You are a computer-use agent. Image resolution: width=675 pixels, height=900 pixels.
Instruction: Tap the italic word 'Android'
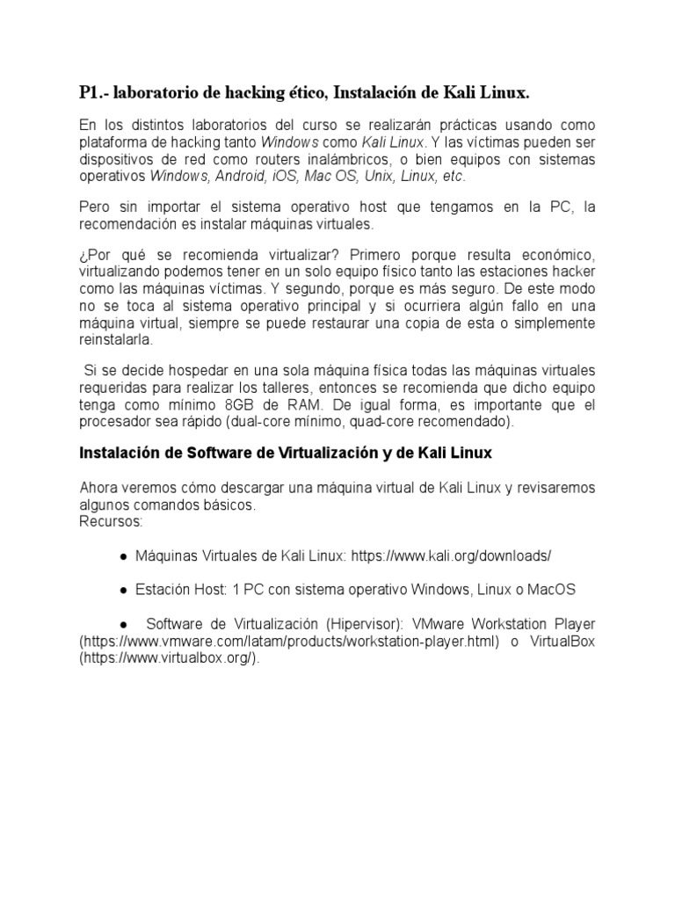(236, 176)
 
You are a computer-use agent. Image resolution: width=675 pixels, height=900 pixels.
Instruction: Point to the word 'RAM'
(308, 405)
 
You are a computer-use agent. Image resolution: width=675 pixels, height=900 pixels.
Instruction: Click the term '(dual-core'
(260, 422)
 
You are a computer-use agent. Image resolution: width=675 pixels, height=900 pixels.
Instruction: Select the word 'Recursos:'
(111, 522)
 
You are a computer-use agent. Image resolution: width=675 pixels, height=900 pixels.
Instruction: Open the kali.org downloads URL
(452, 555)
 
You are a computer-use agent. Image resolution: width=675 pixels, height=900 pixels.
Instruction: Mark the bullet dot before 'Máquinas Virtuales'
(124, 556)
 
